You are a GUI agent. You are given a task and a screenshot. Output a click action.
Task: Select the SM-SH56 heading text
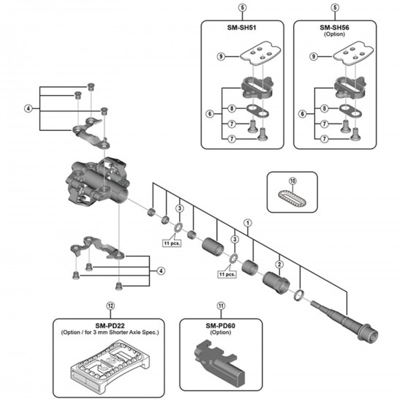pyautogui.click(x=334, y=28)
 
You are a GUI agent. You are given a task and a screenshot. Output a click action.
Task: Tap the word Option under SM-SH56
pyautogui.click(x=334, y=35)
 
